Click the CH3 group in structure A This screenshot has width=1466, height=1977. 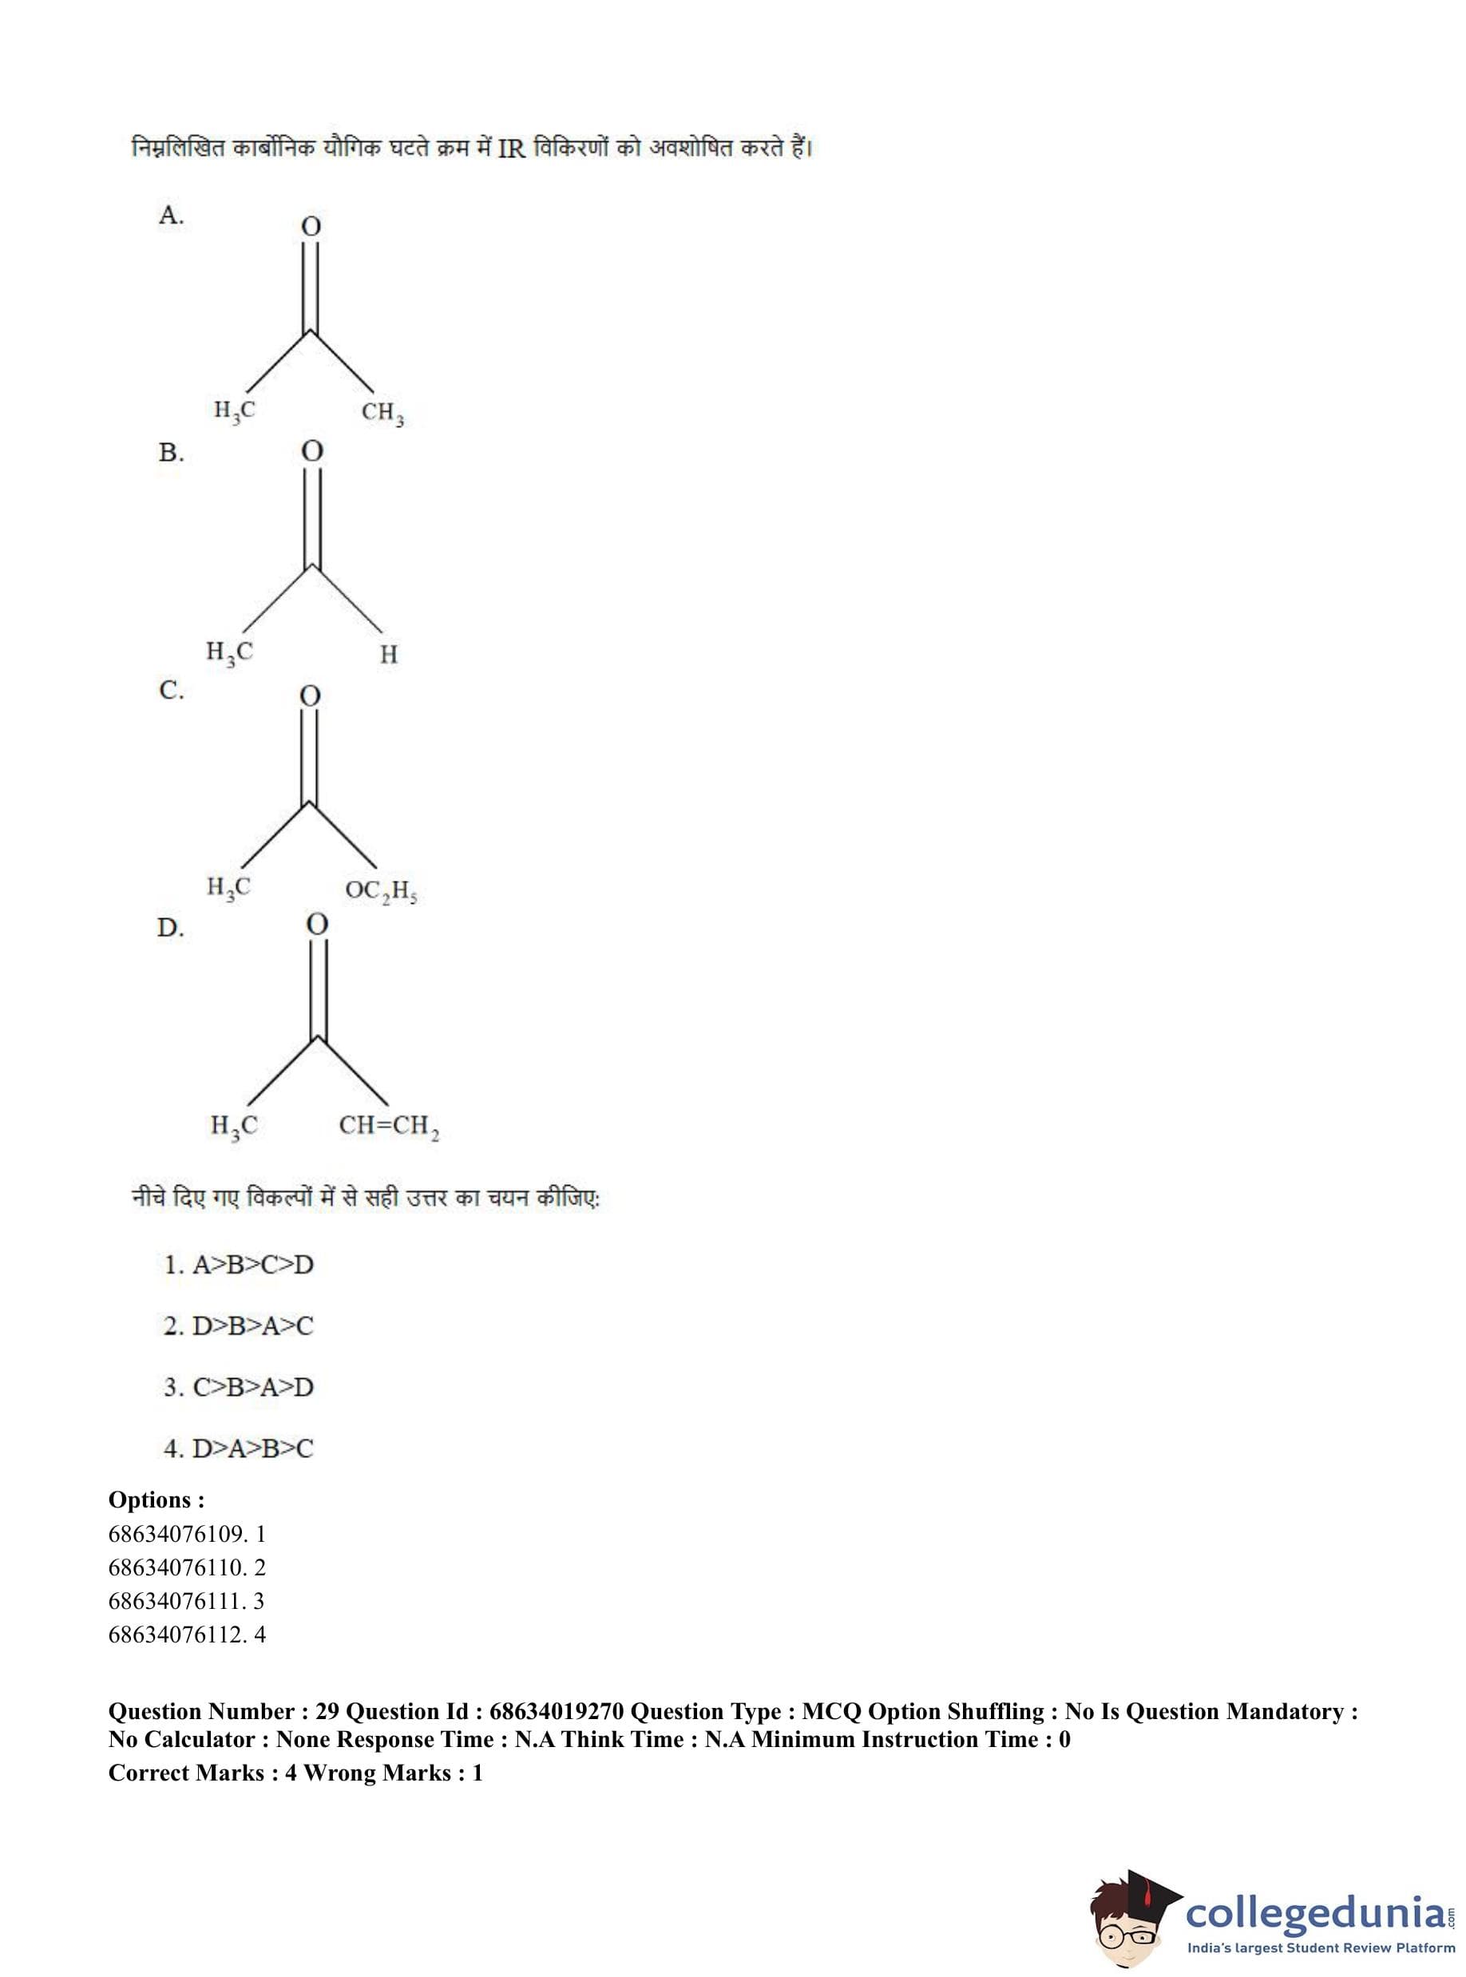coord(382,414)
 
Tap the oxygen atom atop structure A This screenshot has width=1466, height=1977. coord(311,227)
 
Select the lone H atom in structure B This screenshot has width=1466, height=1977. coord(389,655)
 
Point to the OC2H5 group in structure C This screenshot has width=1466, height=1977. coord(381,890)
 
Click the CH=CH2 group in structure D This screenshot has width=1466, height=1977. coord(389,1127)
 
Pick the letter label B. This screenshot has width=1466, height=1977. coord(171,454)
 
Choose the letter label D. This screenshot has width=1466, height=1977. coord(170,928)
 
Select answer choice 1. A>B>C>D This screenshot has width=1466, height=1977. coord(239,1266)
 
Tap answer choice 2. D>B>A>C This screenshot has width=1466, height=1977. coord(239,1326)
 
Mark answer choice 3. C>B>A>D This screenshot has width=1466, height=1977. coord(239,1388)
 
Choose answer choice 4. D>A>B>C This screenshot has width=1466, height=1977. coord(239,1449)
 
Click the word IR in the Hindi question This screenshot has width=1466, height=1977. coord(512,149)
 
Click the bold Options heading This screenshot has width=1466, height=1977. coord(157,1500)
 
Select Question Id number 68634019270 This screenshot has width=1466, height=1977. coord(557,1712)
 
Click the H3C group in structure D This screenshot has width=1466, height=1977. coord(234,1126)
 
